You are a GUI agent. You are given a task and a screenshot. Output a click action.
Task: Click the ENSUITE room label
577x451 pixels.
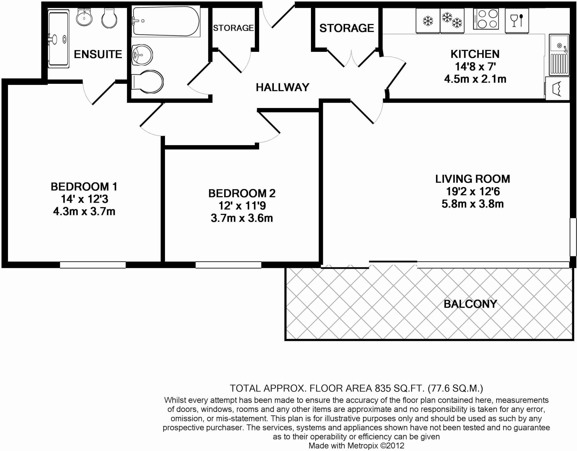coord(98,54)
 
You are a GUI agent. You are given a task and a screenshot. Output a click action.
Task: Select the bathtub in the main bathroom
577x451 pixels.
coord(166,21)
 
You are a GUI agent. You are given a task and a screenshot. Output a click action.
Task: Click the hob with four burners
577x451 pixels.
coord(486,19)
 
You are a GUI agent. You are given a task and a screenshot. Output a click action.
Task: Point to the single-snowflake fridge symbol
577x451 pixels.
coord(427,21)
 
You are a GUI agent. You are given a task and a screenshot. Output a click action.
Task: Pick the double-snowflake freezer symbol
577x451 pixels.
coord(452,20)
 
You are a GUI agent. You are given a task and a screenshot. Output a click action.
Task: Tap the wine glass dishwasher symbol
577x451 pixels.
coord(517,21)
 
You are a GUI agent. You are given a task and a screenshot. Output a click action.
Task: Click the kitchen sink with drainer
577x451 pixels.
coord(559,55)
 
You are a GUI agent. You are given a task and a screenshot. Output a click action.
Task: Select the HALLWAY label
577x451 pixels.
coord(282,87)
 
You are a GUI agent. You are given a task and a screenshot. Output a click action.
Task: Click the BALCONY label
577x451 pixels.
coord(470,304)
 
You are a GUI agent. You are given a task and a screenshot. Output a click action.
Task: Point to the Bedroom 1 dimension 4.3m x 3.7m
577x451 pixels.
coord(84,212)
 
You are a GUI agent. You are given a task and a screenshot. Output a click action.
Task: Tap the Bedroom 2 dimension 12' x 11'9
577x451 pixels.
coord(242,206)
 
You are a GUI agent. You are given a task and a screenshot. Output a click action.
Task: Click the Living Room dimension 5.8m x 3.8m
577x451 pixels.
coord(472,204)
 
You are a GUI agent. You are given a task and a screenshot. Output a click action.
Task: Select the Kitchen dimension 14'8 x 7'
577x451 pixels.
coord(475,66)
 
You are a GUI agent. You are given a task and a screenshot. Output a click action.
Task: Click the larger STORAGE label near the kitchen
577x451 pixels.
coord(346,28)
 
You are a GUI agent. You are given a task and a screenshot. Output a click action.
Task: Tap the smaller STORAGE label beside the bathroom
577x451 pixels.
coord(233,28)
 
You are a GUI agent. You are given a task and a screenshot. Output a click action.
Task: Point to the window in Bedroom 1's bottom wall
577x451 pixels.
coord(93,265)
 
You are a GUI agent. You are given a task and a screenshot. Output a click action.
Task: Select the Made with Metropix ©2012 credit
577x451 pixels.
coord(356,446)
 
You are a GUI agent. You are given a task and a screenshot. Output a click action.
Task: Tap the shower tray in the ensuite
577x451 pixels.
coord(58,38)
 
